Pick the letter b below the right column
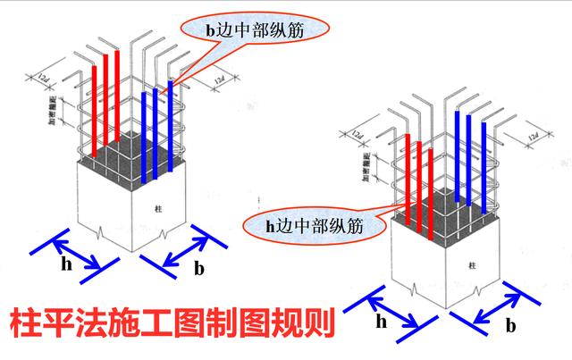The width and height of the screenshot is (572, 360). pyautogui.click(x=510, y=325)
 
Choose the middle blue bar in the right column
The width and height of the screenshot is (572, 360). pyautogui.click(x=470, y=161)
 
